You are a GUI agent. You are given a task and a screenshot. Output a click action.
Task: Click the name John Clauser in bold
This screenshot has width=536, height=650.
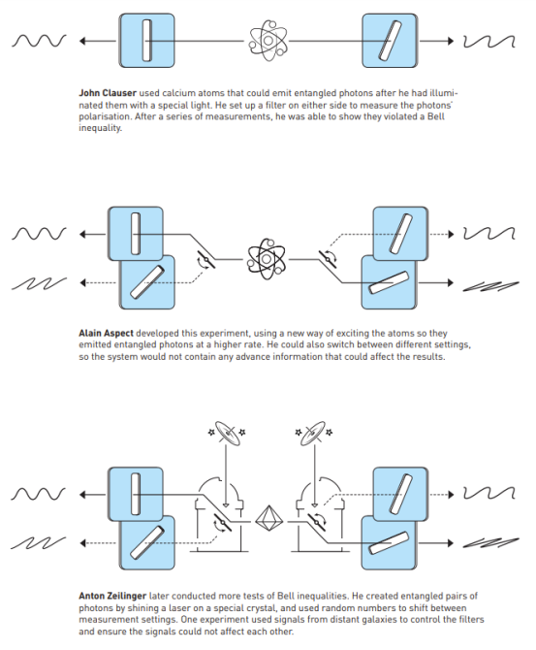pos(108,93)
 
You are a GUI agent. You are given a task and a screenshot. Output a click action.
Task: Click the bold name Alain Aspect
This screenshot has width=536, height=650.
pos(106,334)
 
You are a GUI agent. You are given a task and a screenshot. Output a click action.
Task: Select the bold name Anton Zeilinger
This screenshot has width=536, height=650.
pos(112,596)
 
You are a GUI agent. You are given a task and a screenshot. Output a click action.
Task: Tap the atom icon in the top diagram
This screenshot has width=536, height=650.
pos(268,40)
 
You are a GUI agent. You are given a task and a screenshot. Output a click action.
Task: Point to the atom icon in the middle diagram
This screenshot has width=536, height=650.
pos(267,259)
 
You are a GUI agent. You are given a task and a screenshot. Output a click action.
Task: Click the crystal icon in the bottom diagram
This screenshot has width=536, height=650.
pos(268,519)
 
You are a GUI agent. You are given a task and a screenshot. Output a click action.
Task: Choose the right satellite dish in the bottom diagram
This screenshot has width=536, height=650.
pos(314,434)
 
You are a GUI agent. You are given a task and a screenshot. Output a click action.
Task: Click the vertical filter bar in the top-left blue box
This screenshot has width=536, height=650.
pos(146,41)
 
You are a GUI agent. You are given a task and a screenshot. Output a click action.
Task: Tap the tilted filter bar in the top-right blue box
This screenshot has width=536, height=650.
pos(390,41)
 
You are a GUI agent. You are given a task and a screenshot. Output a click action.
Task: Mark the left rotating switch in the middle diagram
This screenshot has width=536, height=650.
pos(205,259)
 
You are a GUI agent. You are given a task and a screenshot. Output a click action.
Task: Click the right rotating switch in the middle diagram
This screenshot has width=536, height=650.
pos(328,259)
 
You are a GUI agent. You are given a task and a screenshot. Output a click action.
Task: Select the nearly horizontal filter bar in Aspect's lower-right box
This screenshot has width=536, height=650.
pos(389,282)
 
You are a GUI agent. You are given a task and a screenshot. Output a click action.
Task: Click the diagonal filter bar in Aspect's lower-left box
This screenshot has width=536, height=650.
pos(147,282)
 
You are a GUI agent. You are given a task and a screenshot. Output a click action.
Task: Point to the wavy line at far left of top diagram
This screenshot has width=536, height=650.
pos(39,41)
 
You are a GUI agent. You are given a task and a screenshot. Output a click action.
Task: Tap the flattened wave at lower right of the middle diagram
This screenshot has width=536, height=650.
pos(490,286)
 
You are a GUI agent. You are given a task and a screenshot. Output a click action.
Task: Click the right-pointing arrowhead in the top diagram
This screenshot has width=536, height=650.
pos(451,41)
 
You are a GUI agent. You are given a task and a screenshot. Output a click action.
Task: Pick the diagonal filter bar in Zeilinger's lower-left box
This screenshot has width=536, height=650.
pos(147,542)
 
